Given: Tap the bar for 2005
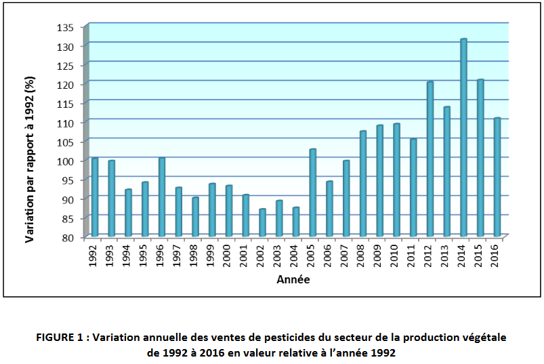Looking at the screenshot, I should tap(312, 193).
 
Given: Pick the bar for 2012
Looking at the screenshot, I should tap(430, 159).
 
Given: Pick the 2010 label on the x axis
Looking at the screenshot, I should tap(396, 256).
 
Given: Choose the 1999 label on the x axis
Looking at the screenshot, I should tap(212, 256).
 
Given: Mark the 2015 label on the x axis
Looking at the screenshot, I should tap(480, 256).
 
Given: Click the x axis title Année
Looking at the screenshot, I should tap(293, 279).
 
